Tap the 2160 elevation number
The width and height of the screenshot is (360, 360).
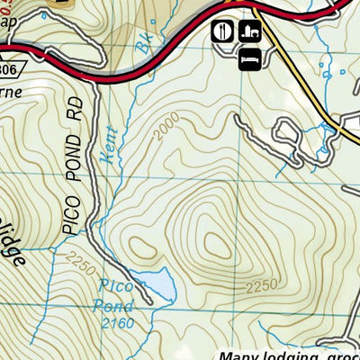coord(118,324)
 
